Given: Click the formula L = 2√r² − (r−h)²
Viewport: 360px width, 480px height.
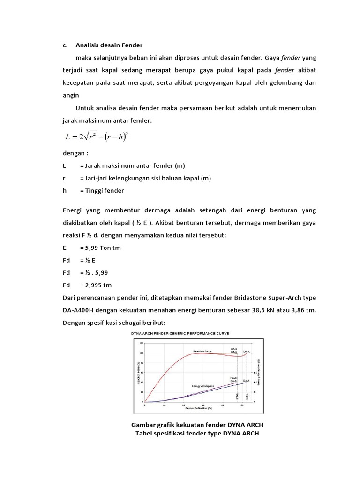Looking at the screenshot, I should tap(102, 136).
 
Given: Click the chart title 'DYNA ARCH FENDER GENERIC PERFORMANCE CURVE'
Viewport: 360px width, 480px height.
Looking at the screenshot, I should tap(186, 333).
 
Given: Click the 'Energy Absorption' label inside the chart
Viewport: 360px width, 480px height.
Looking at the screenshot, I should tap(203, 386).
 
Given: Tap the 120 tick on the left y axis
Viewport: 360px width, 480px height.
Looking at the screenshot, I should tap(142, 344).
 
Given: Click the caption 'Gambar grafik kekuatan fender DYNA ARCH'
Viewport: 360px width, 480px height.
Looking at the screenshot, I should tap(200, 425).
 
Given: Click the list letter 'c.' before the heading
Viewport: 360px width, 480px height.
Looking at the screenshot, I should tap(66, 45).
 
